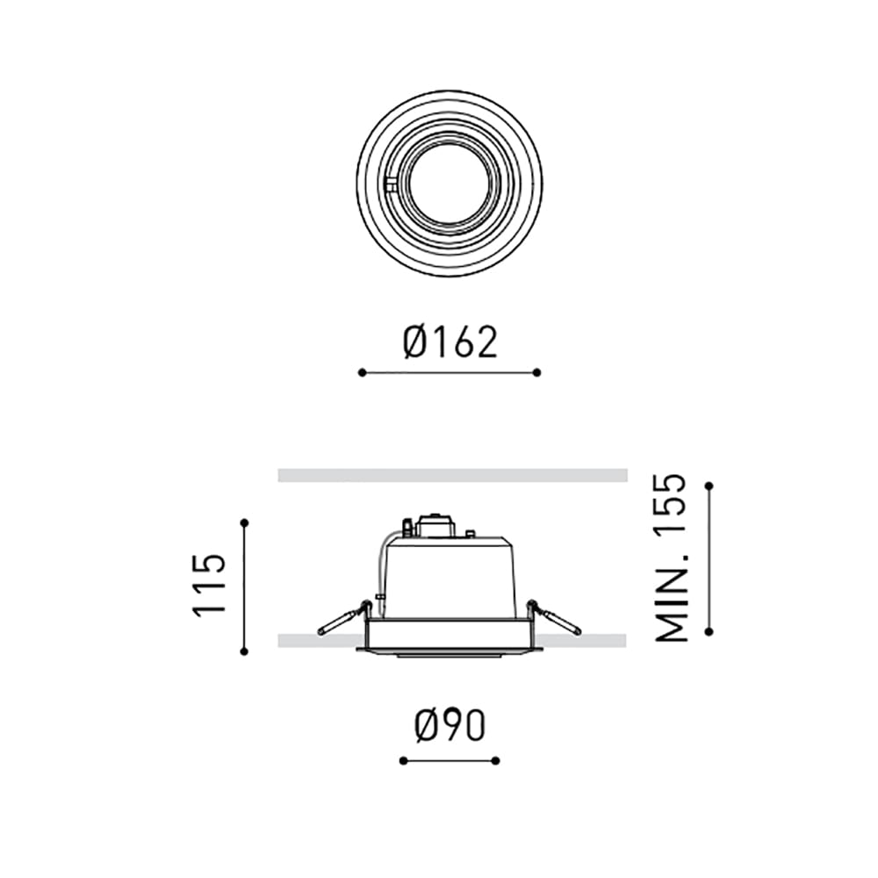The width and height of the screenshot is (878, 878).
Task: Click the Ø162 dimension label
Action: pyautogui.click(x=450, y=342)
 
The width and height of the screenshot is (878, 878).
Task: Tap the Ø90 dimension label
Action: pyautogui.click(x=450, y=726)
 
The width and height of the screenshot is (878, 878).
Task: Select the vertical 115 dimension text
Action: pyautogui.click(x=211, y=586)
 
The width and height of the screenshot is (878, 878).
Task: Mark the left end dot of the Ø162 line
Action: pyautogui.click(x=362, y=372)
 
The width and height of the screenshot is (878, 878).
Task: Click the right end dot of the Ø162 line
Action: pyautogui.click(x=537, y=372)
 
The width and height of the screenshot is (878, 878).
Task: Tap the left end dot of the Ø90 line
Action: pyautogui.click(x=402, y=760)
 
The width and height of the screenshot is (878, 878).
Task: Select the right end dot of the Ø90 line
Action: pyautogui.click(x=496, y=760)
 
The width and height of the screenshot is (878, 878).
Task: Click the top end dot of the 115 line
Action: pyautogui.click(x=244, y=523)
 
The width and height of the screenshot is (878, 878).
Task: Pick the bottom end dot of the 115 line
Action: pyautogui.click(x=244, y=651)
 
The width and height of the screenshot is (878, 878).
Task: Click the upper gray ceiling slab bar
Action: pyautogui.click(x=452, y=475)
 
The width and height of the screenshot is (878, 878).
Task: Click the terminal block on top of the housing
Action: pyautogui.click(x=436, y=526)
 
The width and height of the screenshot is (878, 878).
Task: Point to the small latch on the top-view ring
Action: pyautogui.click(x=391, y=184)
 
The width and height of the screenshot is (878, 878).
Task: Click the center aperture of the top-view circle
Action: pyautogui.click(x=449, y=184)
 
